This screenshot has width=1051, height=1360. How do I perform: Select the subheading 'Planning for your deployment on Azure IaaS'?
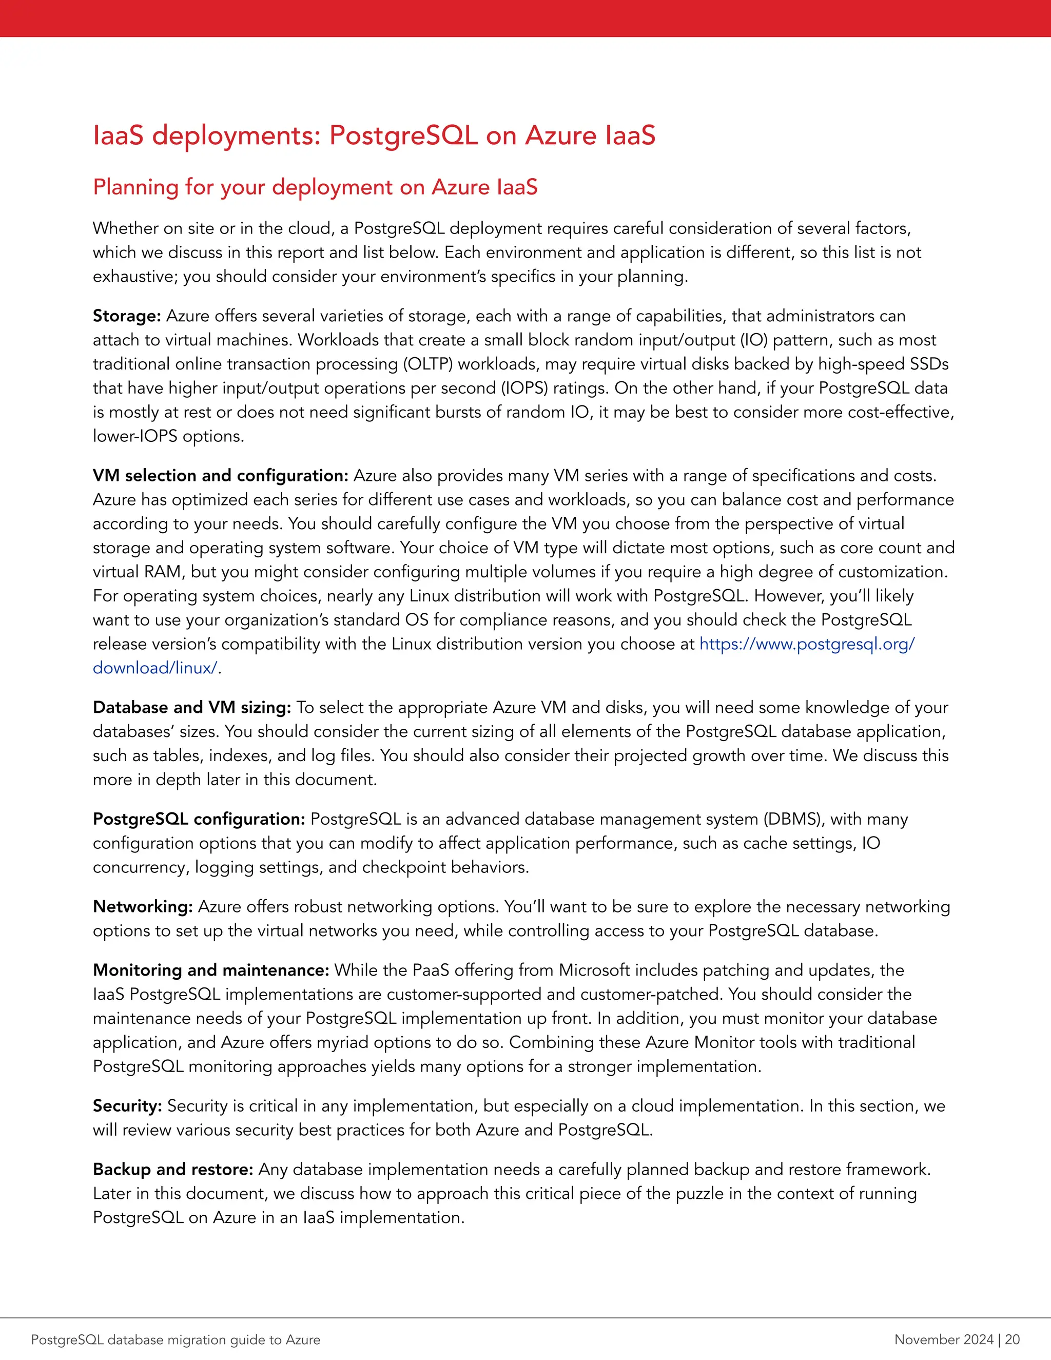[x=315, y=187]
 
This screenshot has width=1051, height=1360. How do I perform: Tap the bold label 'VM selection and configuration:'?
[x=220, y=475]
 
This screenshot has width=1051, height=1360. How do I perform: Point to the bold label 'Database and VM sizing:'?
[x=192, y=707]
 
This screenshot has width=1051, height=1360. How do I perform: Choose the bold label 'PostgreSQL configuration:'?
[x=199, y=819]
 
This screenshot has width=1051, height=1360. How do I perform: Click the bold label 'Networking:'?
[x=143, y=907]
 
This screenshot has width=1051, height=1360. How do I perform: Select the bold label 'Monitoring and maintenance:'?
[x=210, y=970]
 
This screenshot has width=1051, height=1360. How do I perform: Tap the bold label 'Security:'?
[x=127, y=1106]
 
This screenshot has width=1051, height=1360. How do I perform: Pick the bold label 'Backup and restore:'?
[x=172, y=1170]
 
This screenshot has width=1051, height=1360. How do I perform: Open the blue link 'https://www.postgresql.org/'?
[x=807, y=644]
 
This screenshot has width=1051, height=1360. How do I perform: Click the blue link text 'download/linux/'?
[x=155, y=668]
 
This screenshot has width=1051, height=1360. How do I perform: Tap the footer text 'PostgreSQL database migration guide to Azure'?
[x=176, y=1339]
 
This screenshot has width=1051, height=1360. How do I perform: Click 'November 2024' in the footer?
[x=943, y=1339]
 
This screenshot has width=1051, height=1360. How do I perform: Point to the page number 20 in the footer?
[x=1012, y=1339]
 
